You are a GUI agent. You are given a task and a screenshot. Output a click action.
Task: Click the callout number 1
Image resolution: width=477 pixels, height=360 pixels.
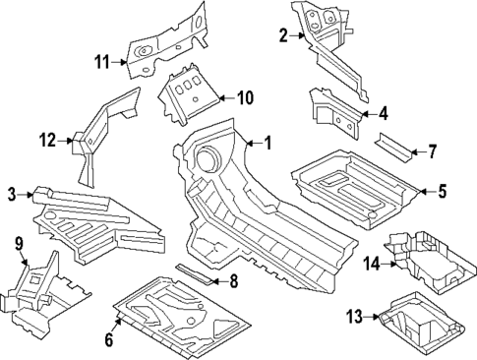(268, 143)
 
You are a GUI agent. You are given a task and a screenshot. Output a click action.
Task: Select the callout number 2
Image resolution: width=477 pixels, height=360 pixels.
(283, 36)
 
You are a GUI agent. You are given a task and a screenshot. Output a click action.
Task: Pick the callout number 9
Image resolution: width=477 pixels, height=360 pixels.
(18, 243)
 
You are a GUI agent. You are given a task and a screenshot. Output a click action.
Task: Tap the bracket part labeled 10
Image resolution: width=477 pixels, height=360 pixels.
(189, 96)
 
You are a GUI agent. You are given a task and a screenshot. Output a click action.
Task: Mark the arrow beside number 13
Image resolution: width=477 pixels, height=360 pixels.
(374, 316)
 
